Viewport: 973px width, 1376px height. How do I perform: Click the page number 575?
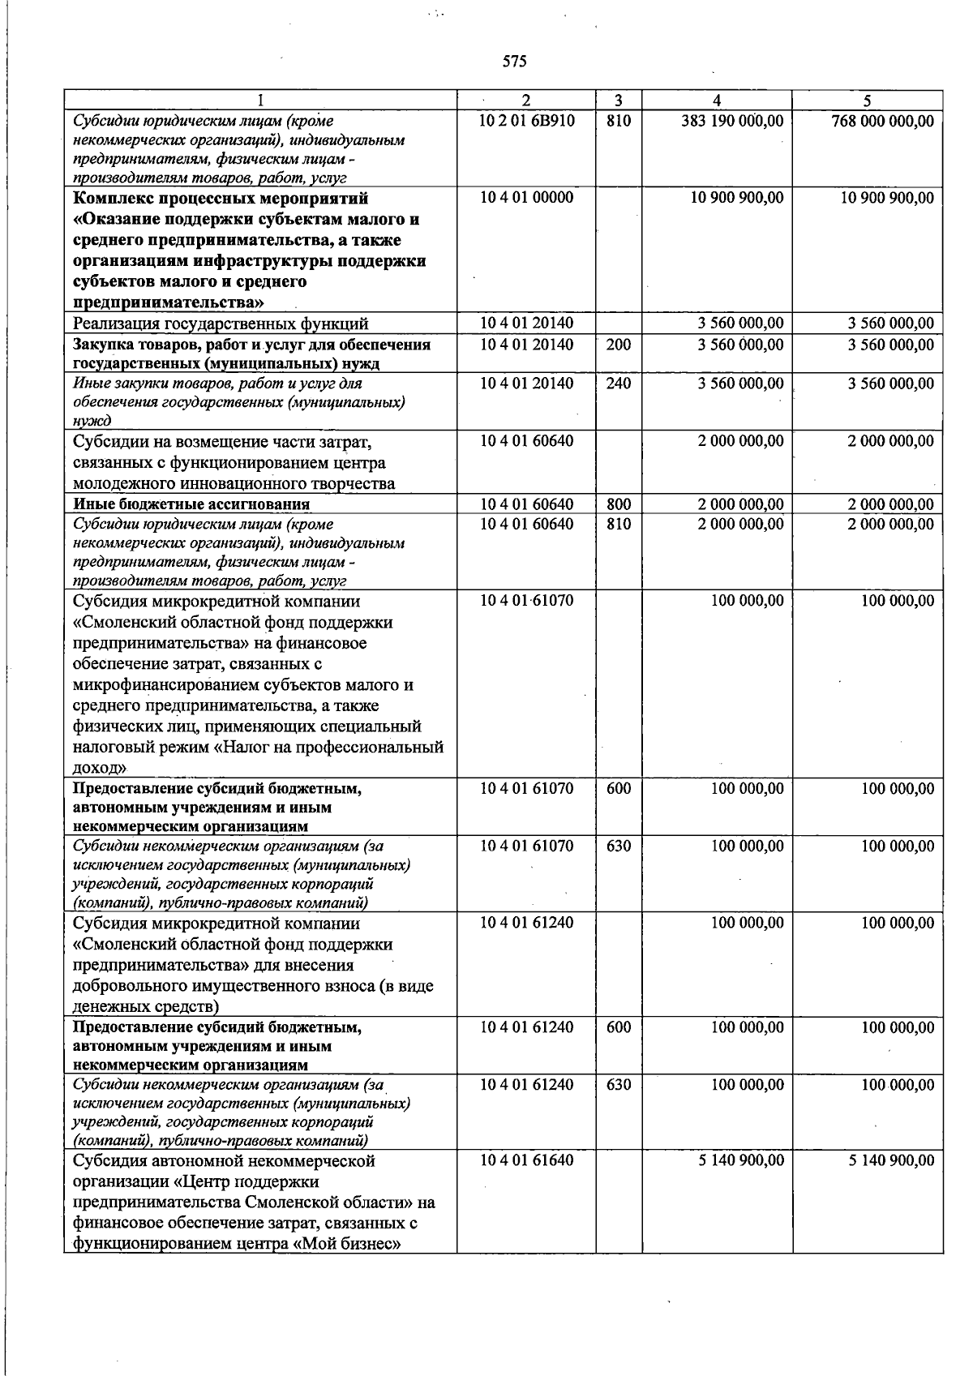(x=514, y=62)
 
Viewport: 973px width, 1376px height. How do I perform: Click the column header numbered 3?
(x=619, y=101)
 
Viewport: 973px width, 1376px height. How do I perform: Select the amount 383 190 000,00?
(x=732, y=121)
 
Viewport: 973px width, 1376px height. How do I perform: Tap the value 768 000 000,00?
(x=882, y=121)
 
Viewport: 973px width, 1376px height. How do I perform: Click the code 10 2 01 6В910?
(x=526, y=121)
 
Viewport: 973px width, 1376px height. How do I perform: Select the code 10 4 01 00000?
(x=526, y=198)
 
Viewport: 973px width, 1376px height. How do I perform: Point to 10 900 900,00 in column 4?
(x=736, y=198)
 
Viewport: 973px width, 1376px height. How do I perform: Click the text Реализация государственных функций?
(x=221, y=324)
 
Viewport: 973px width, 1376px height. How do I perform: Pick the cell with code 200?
(x=619, y=344)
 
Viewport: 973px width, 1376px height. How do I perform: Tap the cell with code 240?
(x=619, y=383)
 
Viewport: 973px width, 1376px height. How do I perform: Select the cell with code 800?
(x=619, y=504)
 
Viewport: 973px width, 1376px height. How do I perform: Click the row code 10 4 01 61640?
(x=526, y=1160)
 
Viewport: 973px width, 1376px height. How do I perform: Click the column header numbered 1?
(x=260, y=101)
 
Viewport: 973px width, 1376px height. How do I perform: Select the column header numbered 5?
(x=868, y=101)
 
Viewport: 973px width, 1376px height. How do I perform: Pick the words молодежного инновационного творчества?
(x=234, y=484)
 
